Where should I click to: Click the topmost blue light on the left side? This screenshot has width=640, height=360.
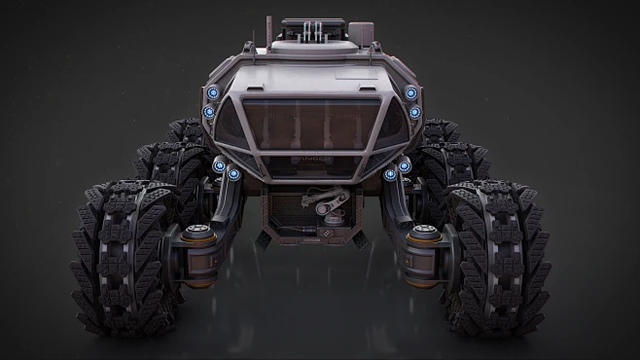tap(212, 93)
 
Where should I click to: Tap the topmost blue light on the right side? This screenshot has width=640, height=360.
tap(410, 93)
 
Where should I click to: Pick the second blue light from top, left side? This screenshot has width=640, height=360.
tap(208, 112)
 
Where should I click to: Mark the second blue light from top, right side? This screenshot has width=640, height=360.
tap(415, 112)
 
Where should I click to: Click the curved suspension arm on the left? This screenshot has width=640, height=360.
tap(228, 195)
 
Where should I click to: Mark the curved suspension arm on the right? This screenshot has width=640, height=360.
tap(397, 195)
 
